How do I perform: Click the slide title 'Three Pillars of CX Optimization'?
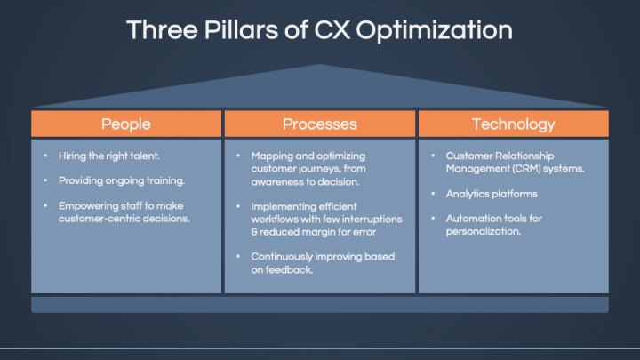click(x=320, y=29)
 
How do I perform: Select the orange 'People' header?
click(x=125, y=124)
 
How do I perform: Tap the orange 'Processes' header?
click(x=319, y=124)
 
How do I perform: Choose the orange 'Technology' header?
click(x=513, y=124)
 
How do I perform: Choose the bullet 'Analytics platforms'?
click(x=492, y=194)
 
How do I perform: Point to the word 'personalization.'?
click(x=484, y=232)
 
